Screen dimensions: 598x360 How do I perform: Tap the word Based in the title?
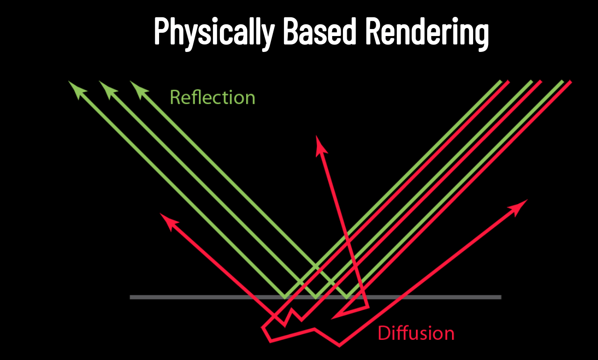coord(318,32)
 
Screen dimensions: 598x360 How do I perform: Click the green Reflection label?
coord(212,97)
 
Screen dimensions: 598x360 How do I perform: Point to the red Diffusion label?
coord(416,333)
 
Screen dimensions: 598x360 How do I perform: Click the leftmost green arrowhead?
coord(74,87)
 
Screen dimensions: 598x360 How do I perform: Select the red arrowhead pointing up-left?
coord(167,220)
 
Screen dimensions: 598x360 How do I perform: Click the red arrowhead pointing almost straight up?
coord(320,143)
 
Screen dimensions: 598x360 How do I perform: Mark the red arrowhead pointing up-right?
coord(520,206)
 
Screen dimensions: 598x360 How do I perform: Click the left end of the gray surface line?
coord(131,297)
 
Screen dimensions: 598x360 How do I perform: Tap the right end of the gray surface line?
coord(500,297)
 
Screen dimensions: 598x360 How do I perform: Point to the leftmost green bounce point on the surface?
coord(285,297)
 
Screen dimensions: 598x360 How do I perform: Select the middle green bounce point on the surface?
coord(316,297)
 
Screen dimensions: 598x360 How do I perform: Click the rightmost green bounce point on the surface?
coord(347,297)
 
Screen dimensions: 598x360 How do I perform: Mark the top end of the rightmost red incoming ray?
coord(570,82)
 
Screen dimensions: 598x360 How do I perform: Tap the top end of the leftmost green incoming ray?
coord(501,81)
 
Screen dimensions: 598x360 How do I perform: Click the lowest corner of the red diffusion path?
coord(339,346)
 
